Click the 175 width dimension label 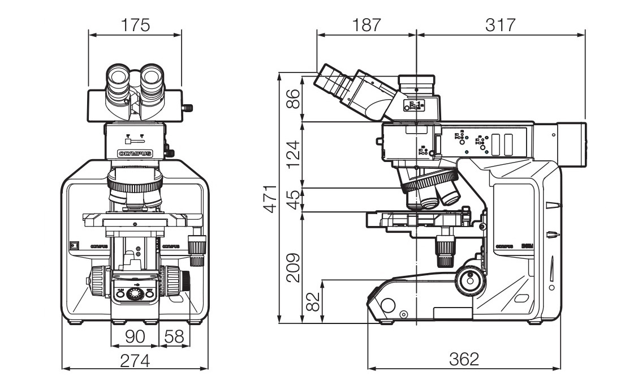(x=135, y=25)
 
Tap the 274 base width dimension (x=135, y=360)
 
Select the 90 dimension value (x=135, y=336)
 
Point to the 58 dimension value (x=174, y=336)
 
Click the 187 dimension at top (x=366, y=25)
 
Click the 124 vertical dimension (x=293, y=154)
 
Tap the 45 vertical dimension (x=293, y=199)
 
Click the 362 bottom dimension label (x=464, y=359)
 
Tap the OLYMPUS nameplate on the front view (x=135, y=153)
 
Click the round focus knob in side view (x=468, y=279)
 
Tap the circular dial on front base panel (x=135, y=293)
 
